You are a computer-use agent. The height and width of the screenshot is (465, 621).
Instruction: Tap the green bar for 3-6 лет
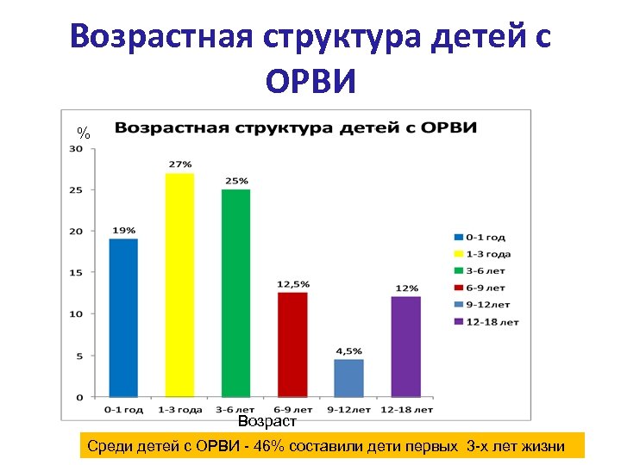pyautogui.click(x=235, y=293)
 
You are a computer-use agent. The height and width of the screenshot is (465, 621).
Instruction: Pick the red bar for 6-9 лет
pyautogui.click(x=292, y=344)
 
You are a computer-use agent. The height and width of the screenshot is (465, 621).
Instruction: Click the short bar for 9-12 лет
pyautogui.click(x=348, y=378)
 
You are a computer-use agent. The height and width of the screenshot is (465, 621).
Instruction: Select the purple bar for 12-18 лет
pyautogui.click(x=405, y=346)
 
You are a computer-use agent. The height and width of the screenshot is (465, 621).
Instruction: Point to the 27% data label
pyautogui.click(x=180, y=164)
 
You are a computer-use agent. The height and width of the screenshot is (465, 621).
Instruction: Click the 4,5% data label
pyautogui.click(x=348, y=350)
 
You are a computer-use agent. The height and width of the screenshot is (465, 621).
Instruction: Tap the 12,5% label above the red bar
pyautogui.click(x=293, y=283)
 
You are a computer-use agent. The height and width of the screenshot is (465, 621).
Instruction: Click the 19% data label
pyautogui.click(x=123, y=230)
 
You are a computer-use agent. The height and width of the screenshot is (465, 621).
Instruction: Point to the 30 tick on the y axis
pyautogui.click(x=76, y=148)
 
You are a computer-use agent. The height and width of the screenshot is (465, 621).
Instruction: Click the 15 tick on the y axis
pyautogui.click(x=76, y=273)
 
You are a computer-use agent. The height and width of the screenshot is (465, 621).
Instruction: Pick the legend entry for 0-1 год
pyautogui.click(x=484, y=236)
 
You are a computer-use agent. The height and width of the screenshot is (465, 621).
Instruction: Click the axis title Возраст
pyautogui.click(x=267, y=422)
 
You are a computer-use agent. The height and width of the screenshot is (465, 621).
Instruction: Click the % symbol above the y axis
pyautogui.click(x=84, y=133)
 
